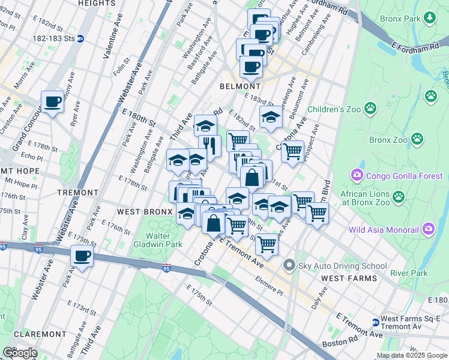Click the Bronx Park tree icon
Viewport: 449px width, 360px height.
[x=430, y=19]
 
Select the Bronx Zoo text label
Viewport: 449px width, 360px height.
[x=388, y=140]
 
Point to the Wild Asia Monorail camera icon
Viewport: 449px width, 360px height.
[x=428, y=229]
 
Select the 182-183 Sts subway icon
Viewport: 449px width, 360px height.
[x=80, y=38]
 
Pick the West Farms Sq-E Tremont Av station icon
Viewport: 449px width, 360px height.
[x=375, y=322]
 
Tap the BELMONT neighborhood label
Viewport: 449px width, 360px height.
[x=240, y=86]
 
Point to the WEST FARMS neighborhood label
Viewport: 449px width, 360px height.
[x=349, y=278]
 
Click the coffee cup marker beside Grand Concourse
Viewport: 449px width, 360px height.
[x=52, y=102]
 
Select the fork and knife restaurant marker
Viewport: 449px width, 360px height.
[x=209, y=144]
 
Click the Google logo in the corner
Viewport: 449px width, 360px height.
[x=20, y=353]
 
